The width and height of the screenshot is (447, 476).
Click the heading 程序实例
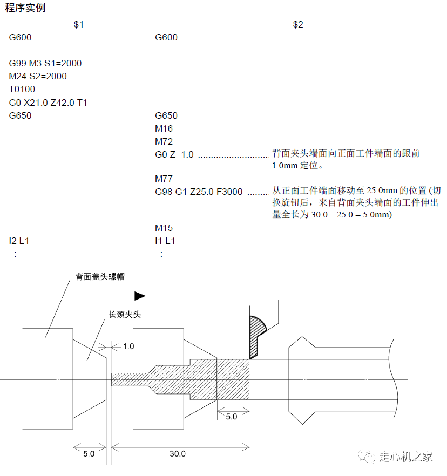click(25, 8)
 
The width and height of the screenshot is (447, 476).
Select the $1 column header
click(79, 24)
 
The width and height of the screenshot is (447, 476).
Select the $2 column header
click(298, 24)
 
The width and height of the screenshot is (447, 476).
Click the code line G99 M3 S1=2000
click(45, 63)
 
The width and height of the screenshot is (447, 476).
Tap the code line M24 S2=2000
click(38, 76)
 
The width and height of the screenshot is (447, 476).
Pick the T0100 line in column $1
click(22, 89)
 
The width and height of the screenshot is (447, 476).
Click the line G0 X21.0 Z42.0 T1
click(48, 103)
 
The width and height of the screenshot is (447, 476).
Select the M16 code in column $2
click(164, 128)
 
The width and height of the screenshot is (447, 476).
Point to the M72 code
click(164, 141)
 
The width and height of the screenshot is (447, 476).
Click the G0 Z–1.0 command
click(174, 154)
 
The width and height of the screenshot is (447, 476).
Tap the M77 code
click(164, 179)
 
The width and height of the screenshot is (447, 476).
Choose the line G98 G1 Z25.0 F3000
click(199, 192)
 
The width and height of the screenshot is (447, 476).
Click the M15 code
click(164, 228)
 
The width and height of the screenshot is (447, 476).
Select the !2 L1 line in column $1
click(19, 241)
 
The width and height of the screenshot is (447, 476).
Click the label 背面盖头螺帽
click(100, 276)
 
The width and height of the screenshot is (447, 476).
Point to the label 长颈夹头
click(125, 315)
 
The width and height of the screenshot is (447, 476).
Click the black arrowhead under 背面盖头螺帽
click(140, 296)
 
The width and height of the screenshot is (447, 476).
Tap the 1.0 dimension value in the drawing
click(128, 346)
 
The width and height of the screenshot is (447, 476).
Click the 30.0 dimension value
click(177, 453)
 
